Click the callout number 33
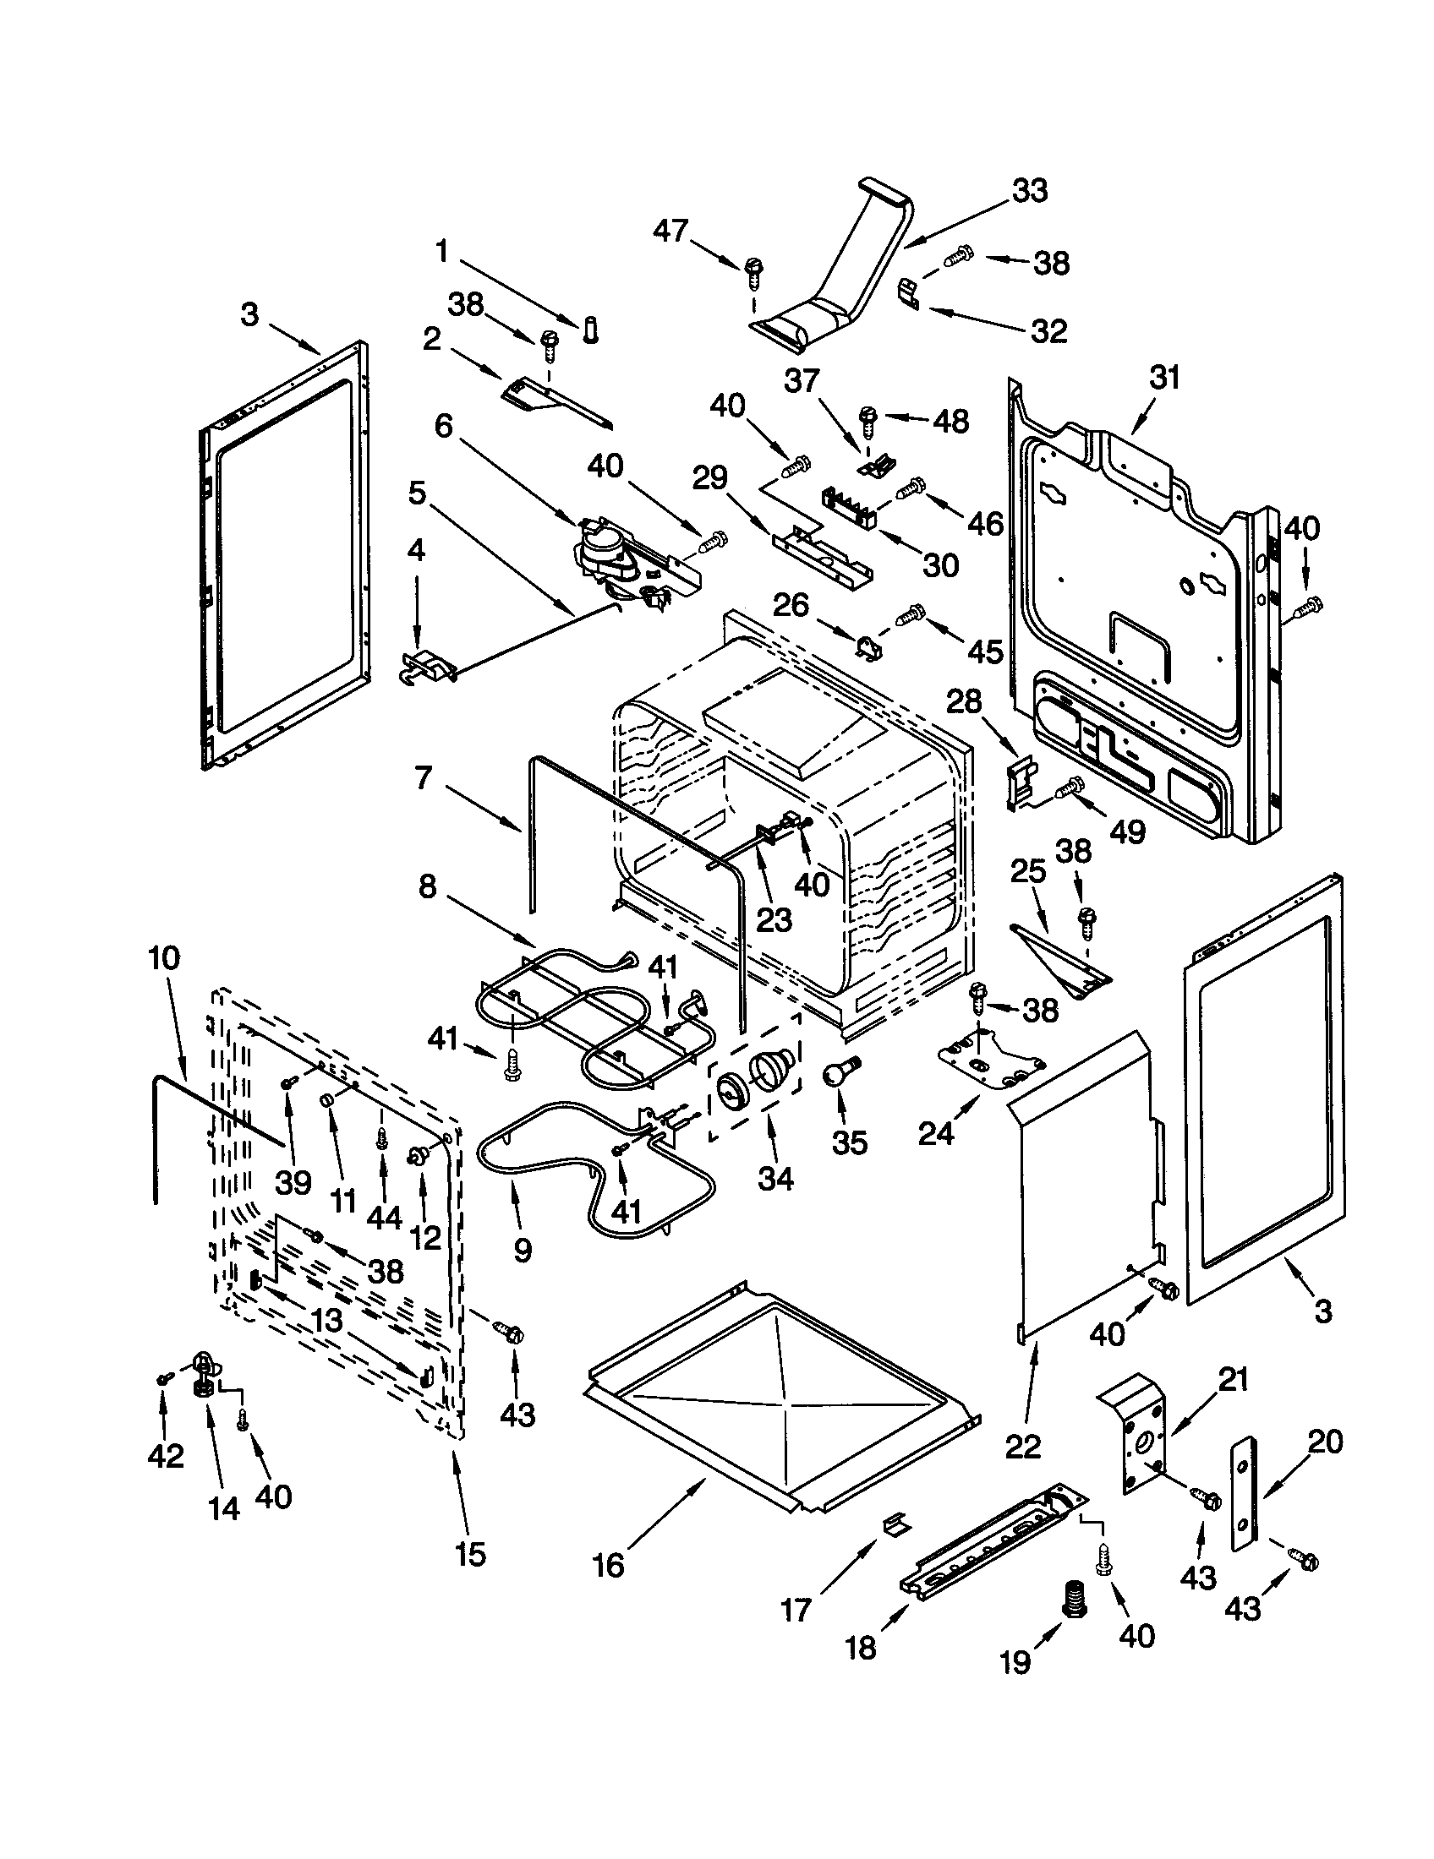point(1029,191)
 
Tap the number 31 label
point(1164,377)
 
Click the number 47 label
point(670,230)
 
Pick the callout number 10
point(164,958)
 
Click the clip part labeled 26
point(868,646)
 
